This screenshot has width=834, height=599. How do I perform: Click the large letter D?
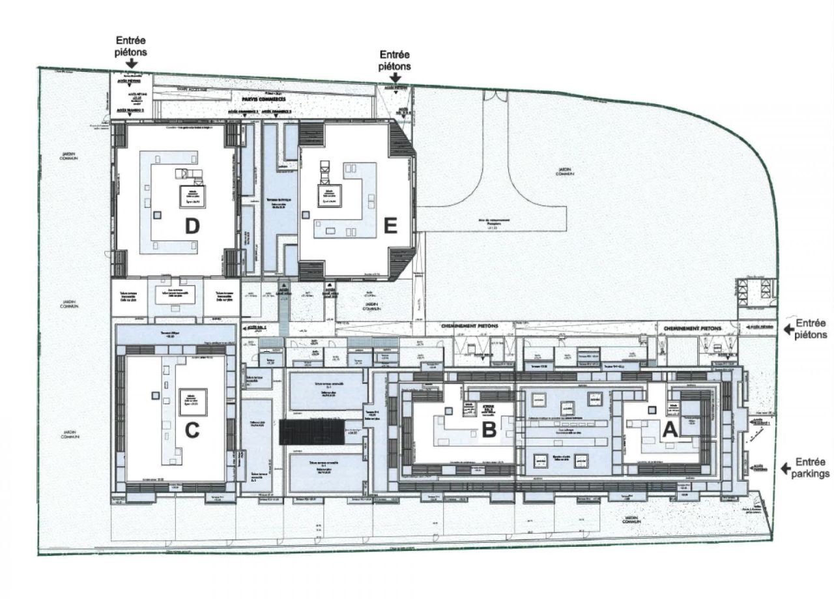191,226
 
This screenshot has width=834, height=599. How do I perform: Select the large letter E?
390,226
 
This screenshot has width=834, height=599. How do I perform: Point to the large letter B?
489,428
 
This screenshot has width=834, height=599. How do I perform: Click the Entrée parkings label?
812,468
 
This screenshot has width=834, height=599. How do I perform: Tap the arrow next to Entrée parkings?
786,467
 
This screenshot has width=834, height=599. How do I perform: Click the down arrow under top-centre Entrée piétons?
395,78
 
